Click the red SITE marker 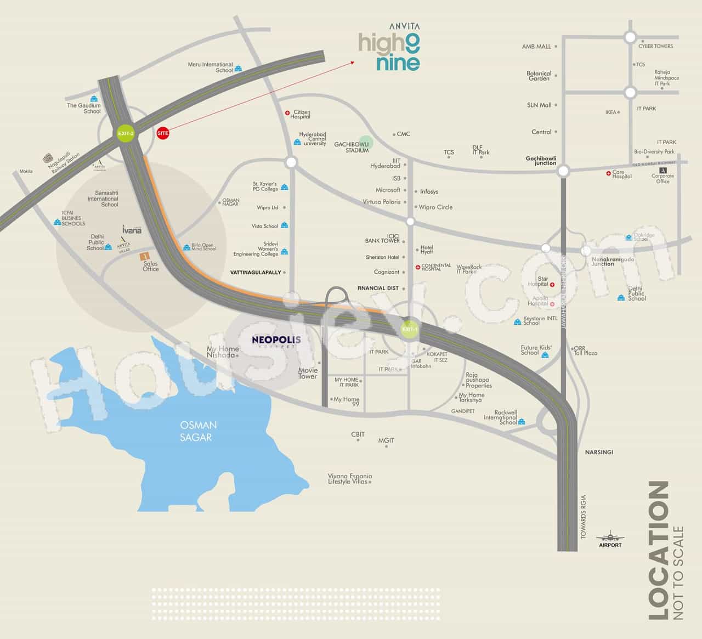(163, 133)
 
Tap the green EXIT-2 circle (125, 133)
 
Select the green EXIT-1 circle (410, 330)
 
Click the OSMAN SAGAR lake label (199, 431)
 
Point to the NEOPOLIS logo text (276, 340)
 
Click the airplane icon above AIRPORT (609, 536)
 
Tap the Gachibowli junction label (541, 161)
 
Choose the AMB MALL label (536, 47)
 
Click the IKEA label (610, 112)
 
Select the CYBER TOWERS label (655, 46)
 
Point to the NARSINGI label (598, 453)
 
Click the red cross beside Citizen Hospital (287, 114)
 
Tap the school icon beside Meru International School (239, 69)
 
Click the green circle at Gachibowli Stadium (366, 143)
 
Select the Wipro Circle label (435, 207)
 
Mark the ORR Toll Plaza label (585, 350)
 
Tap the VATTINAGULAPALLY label (256, 273)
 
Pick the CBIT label (358, 434)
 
